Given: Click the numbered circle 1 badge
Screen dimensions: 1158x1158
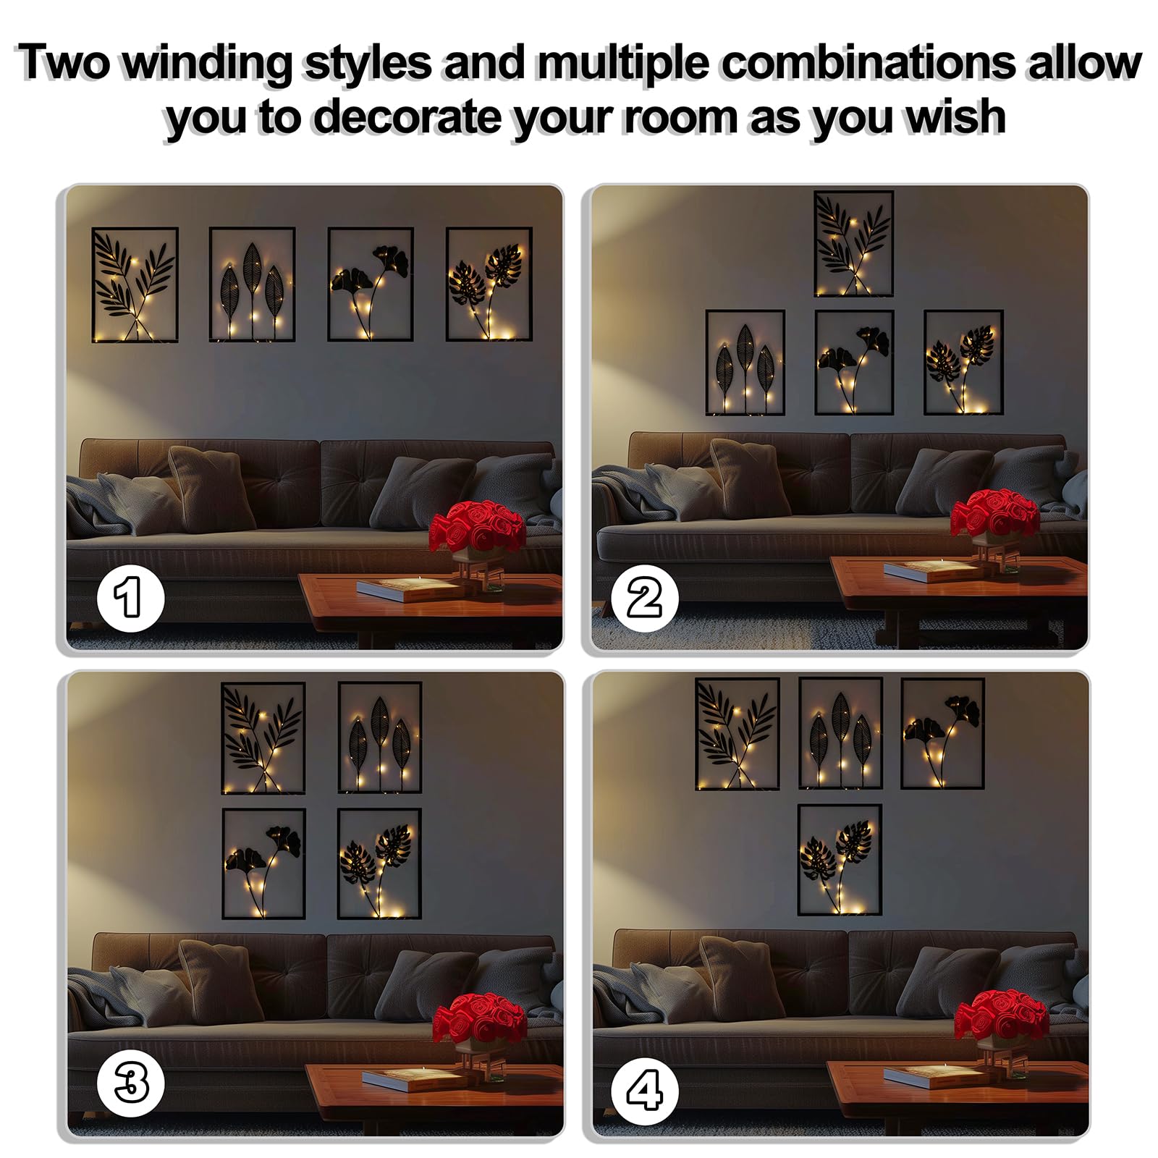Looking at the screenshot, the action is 131,598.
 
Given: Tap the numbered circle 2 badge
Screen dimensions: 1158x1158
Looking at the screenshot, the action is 644,599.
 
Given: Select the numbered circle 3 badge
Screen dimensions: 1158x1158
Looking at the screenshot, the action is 131,1083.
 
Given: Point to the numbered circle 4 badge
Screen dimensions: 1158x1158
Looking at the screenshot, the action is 644,1091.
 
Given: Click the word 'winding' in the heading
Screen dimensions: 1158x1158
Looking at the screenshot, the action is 207,64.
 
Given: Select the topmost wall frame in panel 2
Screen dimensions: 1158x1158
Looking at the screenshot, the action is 853,243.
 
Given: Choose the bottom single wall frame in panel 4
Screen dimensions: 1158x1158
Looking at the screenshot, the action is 840,860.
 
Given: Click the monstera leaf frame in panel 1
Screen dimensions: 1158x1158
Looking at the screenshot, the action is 489,284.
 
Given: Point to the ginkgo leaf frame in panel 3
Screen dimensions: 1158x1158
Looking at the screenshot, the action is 263,863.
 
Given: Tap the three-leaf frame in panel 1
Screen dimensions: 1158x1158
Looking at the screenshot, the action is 252,284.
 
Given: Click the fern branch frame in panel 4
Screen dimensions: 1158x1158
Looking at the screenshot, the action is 737,733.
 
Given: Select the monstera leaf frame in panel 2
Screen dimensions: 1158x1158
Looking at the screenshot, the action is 963,362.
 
